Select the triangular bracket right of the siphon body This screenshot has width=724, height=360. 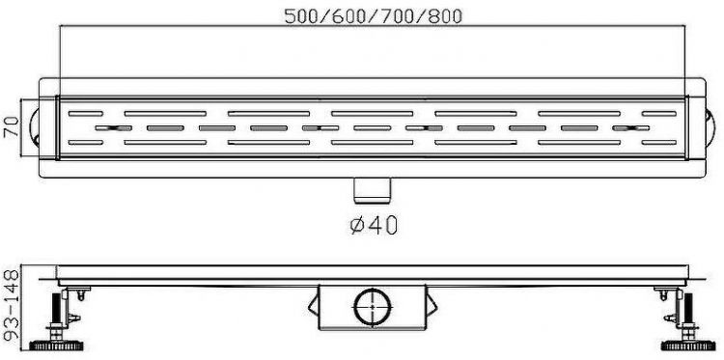(431, 309)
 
